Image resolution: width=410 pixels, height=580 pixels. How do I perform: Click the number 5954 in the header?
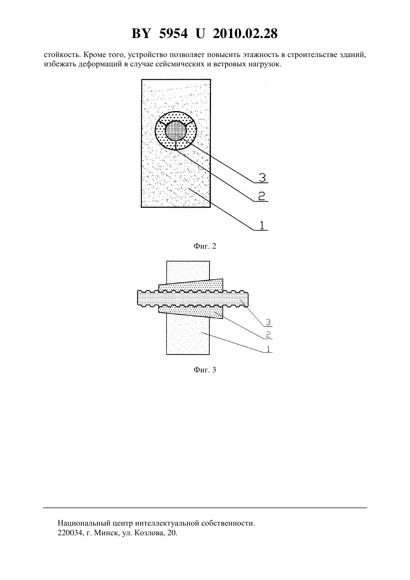173,34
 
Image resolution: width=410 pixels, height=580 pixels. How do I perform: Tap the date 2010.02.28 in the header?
245,34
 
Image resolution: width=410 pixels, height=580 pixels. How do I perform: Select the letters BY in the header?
141,34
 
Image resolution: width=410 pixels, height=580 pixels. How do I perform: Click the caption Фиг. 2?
205,246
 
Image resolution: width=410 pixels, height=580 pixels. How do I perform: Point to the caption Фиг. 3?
205,370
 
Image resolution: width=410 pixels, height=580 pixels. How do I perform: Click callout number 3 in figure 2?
262,178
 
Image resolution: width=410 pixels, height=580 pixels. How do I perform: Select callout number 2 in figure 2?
262,196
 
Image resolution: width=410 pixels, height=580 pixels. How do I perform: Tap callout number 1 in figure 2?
262,225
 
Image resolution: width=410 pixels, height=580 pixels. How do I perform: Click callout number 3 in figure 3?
268,322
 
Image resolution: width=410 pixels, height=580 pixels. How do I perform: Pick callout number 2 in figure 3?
268,335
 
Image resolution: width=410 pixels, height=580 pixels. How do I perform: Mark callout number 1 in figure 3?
268,349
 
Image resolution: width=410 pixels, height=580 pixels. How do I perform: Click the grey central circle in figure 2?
176,130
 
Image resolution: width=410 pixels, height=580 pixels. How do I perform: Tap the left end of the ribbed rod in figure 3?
138,298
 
